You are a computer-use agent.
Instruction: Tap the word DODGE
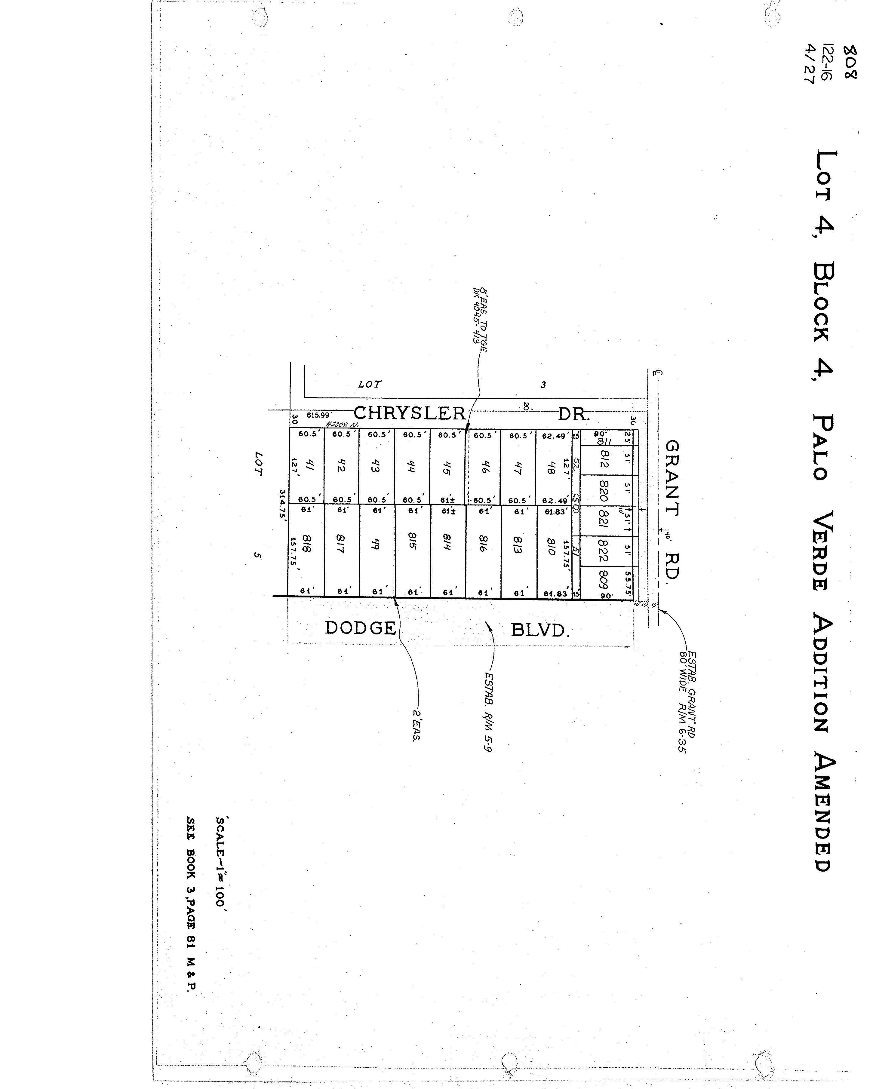360,628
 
